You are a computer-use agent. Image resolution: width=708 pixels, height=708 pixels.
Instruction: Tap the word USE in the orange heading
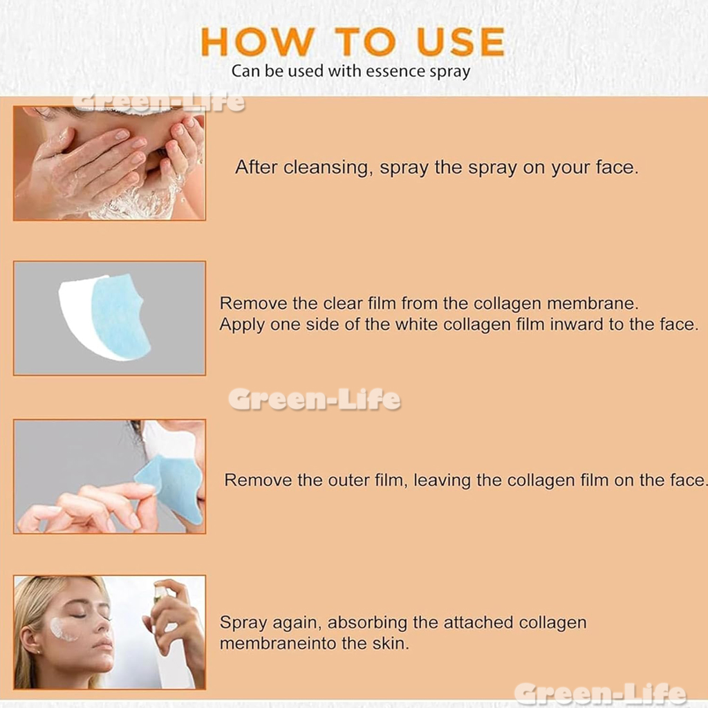click(461, 41)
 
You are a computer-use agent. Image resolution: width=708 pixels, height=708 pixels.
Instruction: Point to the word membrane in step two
click(593, 304)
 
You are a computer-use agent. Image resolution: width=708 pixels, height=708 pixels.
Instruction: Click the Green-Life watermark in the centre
click(315, 399)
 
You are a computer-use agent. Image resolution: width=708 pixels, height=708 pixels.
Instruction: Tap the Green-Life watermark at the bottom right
click(600, 693)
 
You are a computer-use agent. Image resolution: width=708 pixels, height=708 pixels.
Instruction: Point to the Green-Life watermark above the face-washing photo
click(159, 102)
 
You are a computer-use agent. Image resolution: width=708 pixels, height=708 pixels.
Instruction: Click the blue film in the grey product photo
click(120, 315)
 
